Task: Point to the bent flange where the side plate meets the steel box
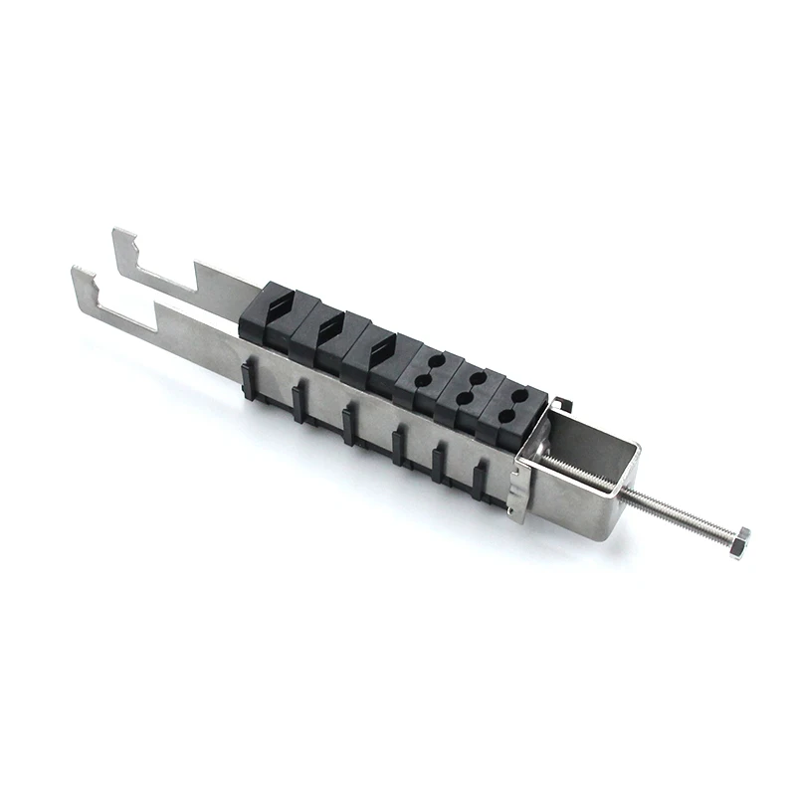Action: [x=517, y=488]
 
